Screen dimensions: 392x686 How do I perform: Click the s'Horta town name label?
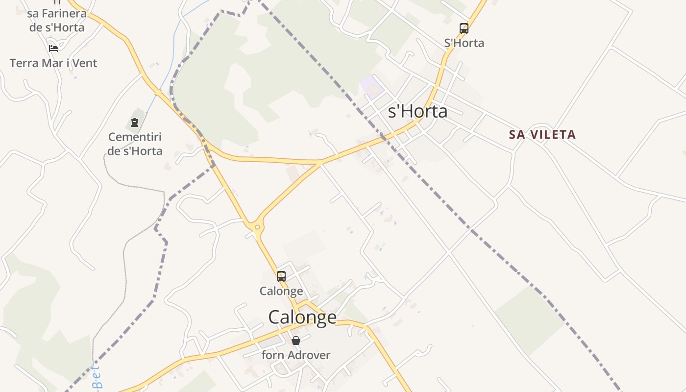coord(417,112)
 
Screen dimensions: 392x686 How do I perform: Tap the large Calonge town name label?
coord(302,318)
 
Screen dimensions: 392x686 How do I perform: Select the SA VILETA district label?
coord(542,134)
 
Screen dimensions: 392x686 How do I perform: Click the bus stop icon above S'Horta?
coord(464,28)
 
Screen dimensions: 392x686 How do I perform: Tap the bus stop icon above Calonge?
coord(281,276)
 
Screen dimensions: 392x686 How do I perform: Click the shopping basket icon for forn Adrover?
coord(295,340)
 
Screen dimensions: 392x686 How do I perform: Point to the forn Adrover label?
coord(296,355)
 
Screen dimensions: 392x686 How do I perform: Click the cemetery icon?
coord(135,122)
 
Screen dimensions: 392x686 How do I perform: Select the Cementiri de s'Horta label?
coord(135,144)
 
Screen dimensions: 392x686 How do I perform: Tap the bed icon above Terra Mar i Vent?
coord(53,48)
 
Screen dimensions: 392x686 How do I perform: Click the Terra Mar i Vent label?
coord(53,63)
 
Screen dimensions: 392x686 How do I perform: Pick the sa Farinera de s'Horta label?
coord(56,20)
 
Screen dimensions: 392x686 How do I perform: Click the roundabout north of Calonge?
coord(257,227)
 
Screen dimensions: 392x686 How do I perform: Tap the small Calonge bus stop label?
coord(281,291)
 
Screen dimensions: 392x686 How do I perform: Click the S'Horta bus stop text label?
coord(464,43)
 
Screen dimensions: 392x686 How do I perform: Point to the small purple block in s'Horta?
coord(371,86)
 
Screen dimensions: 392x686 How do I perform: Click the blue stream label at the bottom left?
coord(97,377)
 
